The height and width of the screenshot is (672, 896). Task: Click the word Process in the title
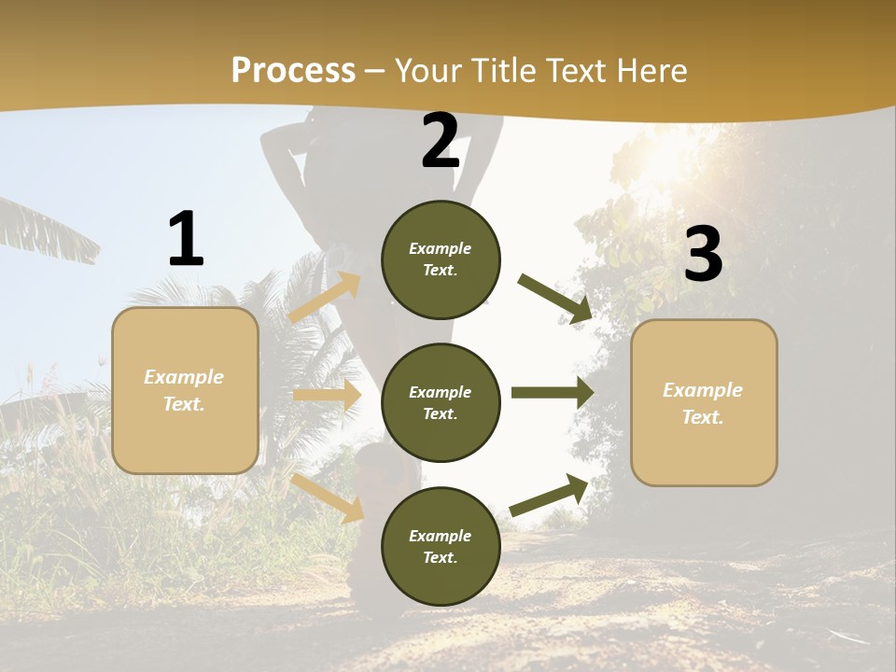point(293,71)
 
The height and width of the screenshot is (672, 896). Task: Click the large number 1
point(186,239)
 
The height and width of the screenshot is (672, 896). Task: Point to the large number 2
point(441,141)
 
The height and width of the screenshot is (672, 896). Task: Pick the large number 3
point(703,254)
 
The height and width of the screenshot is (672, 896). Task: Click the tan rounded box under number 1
point(185,390)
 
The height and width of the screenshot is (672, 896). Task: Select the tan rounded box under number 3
point(704,403)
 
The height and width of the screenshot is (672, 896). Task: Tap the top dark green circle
point(441,259)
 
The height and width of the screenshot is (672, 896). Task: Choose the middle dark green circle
point(441,402)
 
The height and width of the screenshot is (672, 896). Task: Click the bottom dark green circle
point(441,546)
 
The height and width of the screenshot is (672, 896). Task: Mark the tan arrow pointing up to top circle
point(325,297)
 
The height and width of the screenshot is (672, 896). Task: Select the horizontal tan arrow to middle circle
point(327,396)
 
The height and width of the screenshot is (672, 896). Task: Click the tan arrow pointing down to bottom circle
point(328,497)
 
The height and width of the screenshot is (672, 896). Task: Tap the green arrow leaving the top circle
point(555,299)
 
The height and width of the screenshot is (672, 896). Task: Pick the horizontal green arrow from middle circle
point(553,392)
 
